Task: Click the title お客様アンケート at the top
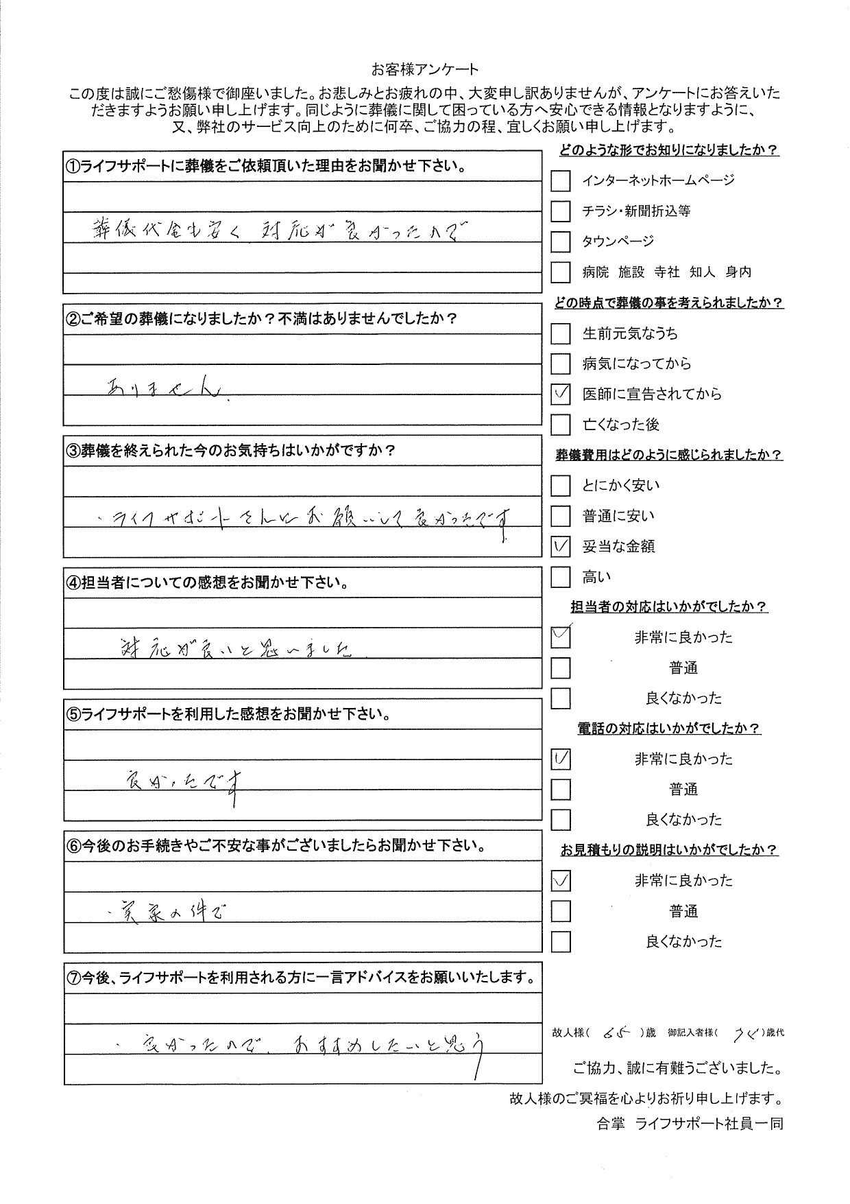click(424, 69)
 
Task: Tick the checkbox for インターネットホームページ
click(561, 181)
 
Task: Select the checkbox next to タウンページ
click(561, 241)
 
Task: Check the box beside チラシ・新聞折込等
click(561, 211)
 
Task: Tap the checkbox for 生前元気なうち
click(561, 334)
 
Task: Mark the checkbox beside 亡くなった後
click(561, 425)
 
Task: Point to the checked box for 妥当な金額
click(561, 547)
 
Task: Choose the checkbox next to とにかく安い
click(561, 486)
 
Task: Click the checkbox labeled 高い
click(561, 578)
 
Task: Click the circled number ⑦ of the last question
click(73, 978)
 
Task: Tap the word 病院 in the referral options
click(596, 272)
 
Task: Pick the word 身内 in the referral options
click(738, 272)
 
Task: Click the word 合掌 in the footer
click(611, 1143)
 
